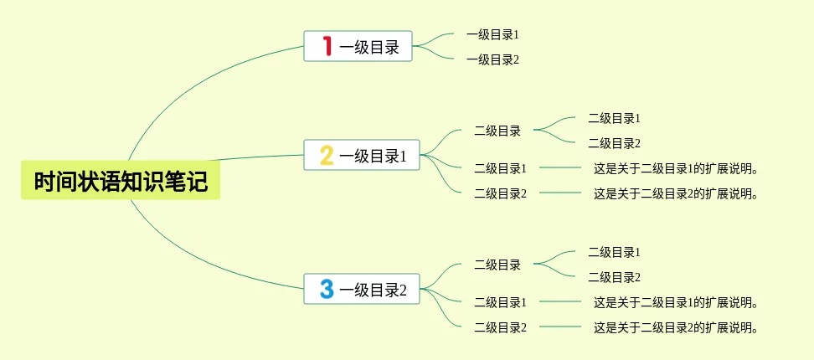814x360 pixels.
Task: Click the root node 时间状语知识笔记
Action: (x=121, y=181)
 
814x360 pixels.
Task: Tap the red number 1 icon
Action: (x=328, y=46)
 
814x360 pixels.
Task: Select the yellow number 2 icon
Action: (x=327, y=155)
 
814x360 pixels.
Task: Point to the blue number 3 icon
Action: (x=327, y=289)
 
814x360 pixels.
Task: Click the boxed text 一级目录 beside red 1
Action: (x=369, y=47)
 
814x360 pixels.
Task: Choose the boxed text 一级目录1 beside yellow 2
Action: (x=373, y=156)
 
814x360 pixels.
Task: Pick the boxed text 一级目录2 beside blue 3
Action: (x=373, y=291)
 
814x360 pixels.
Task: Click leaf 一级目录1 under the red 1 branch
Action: (x=493, y=35)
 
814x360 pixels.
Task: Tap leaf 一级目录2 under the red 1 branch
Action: (x=493, y=59)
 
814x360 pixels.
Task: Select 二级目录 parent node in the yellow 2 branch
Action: (x=497, y=131)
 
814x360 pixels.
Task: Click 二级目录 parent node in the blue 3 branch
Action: (x=497, y=265)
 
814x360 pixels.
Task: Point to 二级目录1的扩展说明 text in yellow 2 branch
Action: (x=676, y=168)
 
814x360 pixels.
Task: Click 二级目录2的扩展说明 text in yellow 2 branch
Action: (x=676, y=194)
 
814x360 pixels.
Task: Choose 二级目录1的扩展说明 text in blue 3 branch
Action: (x=676, y=302)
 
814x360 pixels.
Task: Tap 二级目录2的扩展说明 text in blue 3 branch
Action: (x=676, y=328)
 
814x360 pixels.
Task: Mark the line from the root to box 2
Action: (x=260, y=157)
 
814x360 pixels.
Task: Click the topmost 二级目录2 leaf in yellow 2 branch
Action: (x=614, y=143)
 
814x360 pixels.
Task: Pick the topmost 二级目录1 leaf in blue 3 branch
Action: (x=614, y=252)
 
